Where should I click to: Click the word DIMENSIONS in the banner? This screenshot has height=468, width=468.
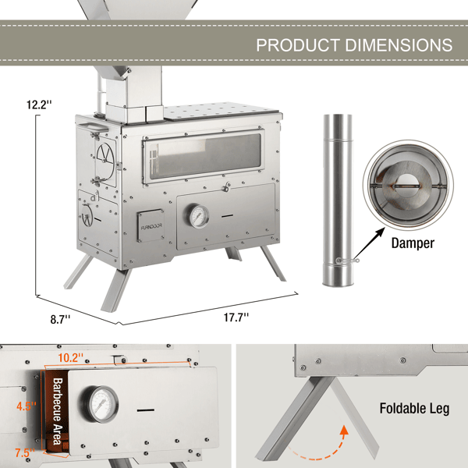(x=399, y=45)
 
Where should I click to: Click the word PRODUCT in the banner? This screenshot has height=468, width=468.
(x=298, y=45)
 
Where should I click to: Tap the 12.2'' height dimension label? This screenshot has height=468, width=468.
(x=39, y=105)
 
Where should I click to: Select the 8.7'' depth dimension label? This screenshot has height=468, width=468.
(x=60, y=319)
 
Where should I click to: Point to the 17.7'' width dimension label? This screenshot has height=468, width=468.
(x=236, y=317)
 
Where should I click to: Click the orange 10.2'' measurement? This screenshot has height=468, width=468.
(x=71, y=357)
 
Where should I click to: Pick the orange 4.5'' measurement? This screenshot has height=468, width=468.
(x=27, y=406)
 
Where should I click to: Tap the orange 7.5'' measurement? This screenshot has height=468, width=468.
(x=26, y=452)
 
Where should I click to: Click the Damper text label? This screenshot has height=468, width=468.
(x=413, y=243)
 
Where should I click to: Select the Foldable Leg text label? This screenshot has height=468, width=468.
(x=414, y=408)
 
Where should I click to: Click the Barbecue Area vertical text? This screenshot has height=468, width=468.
(x=58, y=412)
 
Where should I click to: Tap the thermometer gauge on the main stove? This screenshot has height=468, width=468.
(x=197, y=215)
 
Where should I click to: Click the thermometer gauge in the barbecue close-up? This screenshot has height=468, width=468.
(x=99, y=404)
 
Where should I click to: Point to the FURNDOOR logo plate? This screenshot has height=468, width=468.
(x=151, y=226)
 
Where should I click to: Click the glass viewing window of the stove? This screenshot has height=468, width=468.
(x=205, y=156)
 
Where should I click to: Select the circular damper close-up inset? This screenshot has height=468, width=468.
(x=408, y=185)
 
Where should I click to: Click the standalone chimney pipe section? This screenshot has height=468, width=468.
(x=338, y=200)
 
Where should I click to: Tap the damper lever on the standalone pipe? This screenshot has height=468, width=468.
(x=347, y=261)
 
